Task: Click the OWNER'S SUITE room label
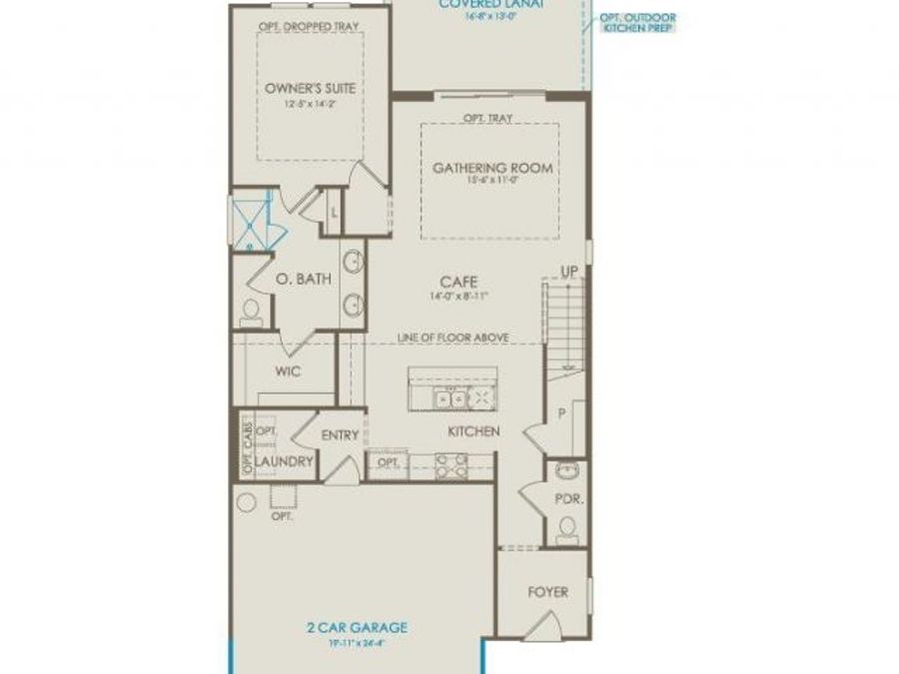coord(311,88)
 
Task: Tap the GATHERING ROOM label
coord(492,168)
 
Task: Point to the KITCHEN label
coord(472,431)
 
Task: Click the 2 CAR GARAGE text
coord(357,628)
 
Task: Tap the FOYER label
coord(547,592)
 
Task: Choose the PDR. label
coord(568,497)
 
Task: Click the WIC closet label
coord(289,370)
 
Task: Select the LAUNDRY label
coord(285,462)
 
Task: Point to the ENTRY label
coord(341,435)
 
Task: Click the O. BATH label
coord(304,281)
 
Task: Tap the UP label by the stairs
coord(570,271)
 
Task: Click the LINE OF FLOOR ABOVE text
coord(453,337)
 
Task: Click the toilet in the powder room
coord(568,528)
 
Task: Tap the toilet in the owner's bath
coord(251,312)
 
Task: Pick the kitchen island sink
coord(449,398)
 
